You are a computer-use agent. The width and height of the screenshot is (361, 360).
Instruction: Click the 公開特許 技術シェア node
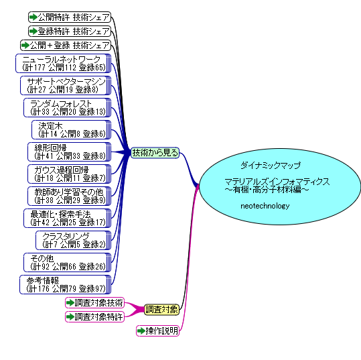point(70,17)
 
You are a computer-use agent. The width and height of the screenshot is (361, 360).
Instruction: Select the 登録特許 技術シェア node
point(70,31)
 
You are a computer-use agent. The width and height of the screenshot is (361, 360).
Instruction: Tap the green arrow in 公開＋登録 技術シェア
point(25,45)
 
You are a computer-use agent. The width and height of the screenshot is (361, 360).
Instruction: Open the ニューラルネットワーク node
point(64,64)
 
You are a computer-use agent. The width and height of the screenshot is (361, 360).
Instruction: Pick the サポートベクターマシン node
point(66,86)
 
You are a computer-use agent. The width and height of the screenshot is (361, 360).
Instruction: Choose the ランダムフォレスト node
point(67,108)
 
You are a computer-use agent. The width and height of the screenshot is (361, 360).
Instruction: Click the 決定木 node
point(72,130)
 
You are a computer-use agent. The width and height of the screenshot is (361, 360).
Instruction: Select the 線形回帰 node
point(69,152)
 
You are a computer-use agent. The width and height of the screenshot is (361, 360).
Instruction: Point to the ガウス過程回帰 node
point(69,174)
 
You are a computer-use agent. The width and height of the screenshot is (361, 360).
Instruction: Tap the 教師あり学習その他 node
point(69,196)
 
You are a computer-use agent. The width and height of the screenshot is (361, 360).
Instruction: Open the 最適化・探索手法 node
point(67,219)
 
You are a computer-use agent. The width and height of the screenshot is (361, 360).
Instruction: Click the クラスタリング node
point(74,241)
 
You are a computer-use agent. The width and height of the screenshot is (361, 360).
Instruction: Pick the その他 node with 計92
point(67,263)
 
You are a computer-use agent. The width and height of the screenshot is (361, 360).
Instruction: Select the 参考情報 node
point(66,285)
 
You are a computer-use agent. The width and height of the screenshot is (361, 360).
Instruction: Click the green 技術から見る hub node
point(155,153)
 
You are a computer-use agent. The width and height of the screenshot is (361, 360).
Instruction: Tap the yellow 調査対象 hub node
point(161,310)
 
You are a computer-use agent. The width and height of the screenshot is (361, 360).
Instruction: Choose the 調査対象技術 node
point(95,303)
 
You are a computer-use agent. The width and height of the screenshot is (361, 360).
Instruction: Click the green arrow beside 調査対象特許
point(70,317)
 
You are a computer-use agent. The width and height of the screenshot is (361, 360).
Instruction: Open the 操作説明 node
point(157,331)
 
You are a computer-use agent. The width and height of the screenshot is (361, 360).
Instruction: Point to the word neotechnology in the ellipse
point(265,206)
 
